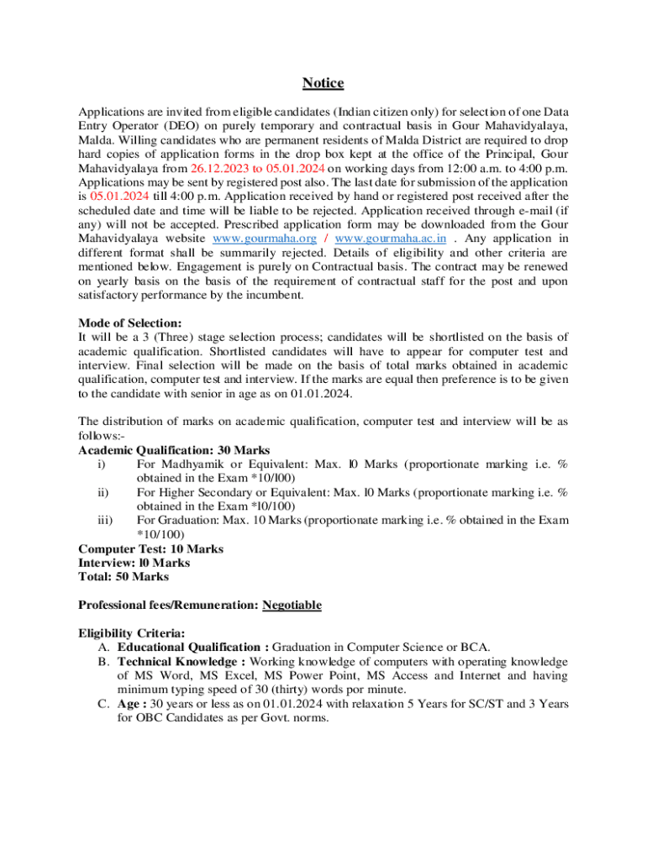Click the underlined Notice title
pos(323,83)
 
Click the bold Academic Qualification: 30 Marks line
pos(174,450)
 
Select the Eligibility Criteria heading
pos(132,633)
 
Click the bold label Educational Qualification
pos(189,648)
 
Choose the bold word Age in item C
pos(129,705)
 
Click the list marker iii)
pos(105,520)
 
